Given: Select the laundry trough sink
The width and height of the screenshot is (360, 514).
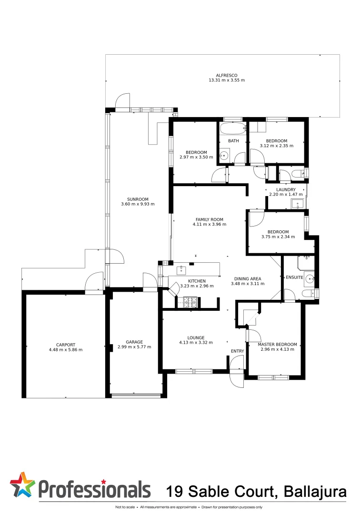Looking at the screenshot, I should (x=298, y=204).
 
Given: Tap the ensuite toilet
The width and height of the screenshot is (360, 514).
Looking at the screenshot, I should (x=310, y=292).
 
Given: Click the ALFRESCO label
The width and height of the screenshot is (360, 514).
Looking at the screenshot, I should (x=226, y=75).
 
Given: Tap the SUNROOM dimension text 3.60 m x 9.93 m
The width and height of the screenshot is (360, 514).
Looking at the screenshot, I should (x=138, y=204).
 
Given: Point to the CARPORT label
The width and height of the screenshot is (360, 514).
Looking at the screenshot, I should (x=65, y=345).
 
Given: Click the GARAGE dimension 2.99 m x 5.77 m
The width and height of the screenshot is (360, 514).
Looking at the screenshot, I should (x=134, y=347).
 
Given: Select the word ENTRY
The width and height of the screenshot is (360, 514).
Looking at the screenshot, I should (x=237, y=351).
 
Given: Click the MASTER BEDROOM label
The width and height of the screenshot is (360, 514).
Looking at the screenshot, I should (x=277, y=344).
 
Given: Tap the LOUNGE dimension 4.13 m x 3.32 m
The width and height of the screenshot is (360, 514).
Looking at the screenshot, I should (x=196, y=342).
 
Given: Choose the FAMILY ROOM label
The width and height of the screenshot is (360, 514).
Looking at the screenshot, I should (x=210, y=219).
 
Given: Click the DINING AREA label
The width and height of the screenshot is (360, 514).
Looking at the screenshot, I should (x=247, y=278).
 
